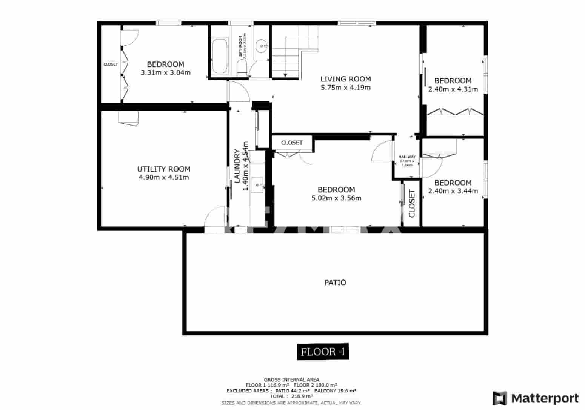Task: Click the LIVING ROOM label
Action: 345,79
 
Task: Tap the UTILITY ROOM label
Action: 163,169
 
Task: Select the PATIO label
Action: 335,283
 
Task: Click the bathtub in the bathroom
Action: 220,56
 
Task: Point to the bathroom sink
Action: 261,47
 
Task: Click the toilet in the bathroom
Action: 242,69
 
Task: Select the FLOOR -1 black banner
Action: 322,352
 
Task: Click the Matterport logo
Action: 536,398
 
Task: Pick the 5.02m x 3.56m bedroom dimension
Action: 336,198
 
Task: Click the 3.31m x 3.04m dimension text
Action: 165,73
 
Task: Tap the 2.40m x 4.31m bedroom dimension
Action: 453,89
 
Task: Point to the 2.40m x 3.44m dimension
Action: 453,191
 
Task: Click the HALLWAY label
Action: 407,157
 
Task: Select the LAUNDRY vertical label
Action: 237,166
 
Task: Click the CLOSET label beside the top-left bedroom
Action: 111,64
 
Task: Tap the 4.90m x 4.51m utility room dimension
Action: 164,178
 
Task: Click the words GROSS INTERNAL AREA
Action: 291,379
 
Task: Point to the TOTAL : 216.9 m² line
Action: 291,396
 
